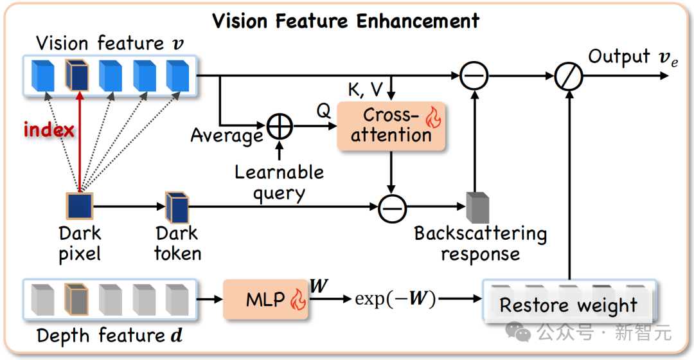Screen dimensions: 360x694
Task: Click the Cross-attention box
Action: click(391, 125)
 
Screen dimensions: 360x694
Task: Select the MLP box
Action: click(265, 299)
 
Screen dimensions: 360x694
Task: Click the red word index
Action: click(49, 130)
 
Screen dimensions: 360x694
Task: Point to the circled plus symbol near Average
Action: click(280, 127)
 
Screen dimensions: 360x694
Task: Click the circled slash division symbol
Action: click(569, 76)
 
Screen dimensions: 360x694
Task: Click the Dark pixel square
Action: click(80, 206)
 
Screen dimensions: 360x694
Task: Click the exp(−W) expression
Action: click(395, 299)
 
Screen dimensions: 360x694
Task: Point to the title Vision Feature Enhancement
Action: click(346, 21)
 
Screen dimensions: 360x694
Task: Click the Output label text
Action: click(619, 57)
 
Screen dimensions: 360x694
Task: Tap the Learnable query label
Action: click(279, 182)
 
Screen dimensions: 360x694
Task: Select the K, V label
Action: click(364, 89)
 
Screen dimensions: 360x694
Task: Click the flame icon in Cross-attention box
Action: click(434, 118)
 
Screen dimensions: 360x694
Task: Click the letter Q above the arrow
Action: click(323, 111)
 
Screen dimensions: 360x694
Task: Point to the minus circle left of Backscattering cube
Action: click(391, 207)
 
